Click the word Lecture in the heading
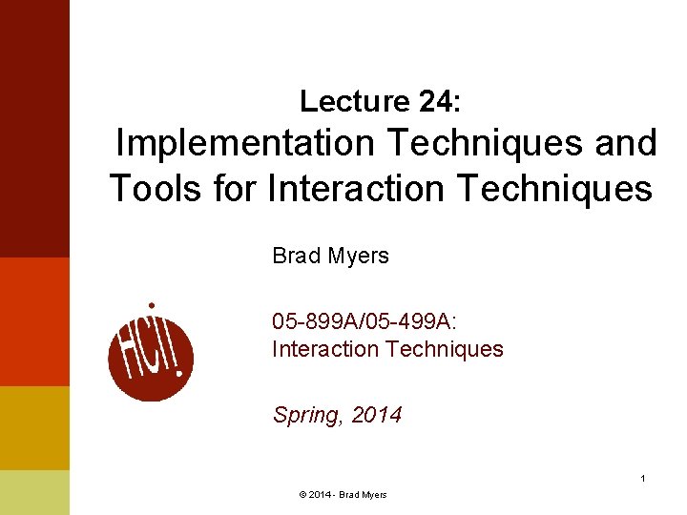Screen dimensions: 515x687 352,100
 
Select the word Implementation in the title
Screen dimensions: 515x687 245,144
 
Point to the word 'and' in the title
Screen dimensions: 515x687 626,144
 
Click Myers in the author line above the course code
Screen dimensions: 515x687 359,256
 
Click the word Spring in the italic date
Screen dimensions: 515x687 306,415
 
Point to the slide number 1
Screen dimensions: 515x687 643,478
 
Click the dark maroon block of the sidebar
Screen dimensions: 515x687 34,129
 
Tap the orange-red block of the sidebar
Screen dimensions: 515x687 34,321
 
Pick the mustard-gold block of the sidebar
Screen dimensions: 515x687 34,427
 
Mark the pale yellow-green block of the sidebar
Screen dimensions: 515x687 34,492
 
